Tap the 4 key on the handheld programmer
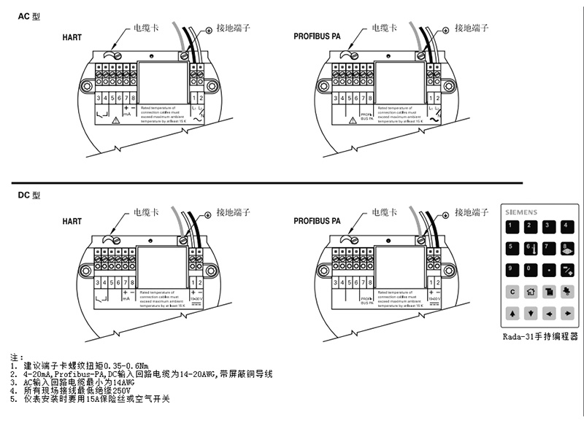coord(566,227)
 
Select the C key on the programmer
coord(512,291)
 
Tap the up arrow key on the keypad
coord(512,313)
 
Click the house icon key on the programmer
coord(531,291)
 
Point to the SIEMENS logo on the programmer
coord(522,212)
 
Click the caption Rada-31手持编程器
coord(540,337)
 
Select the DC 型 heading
coord(30,195)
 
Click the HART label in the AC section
coord(72,36)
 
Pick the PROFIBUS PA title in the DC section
coord(318,221)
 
